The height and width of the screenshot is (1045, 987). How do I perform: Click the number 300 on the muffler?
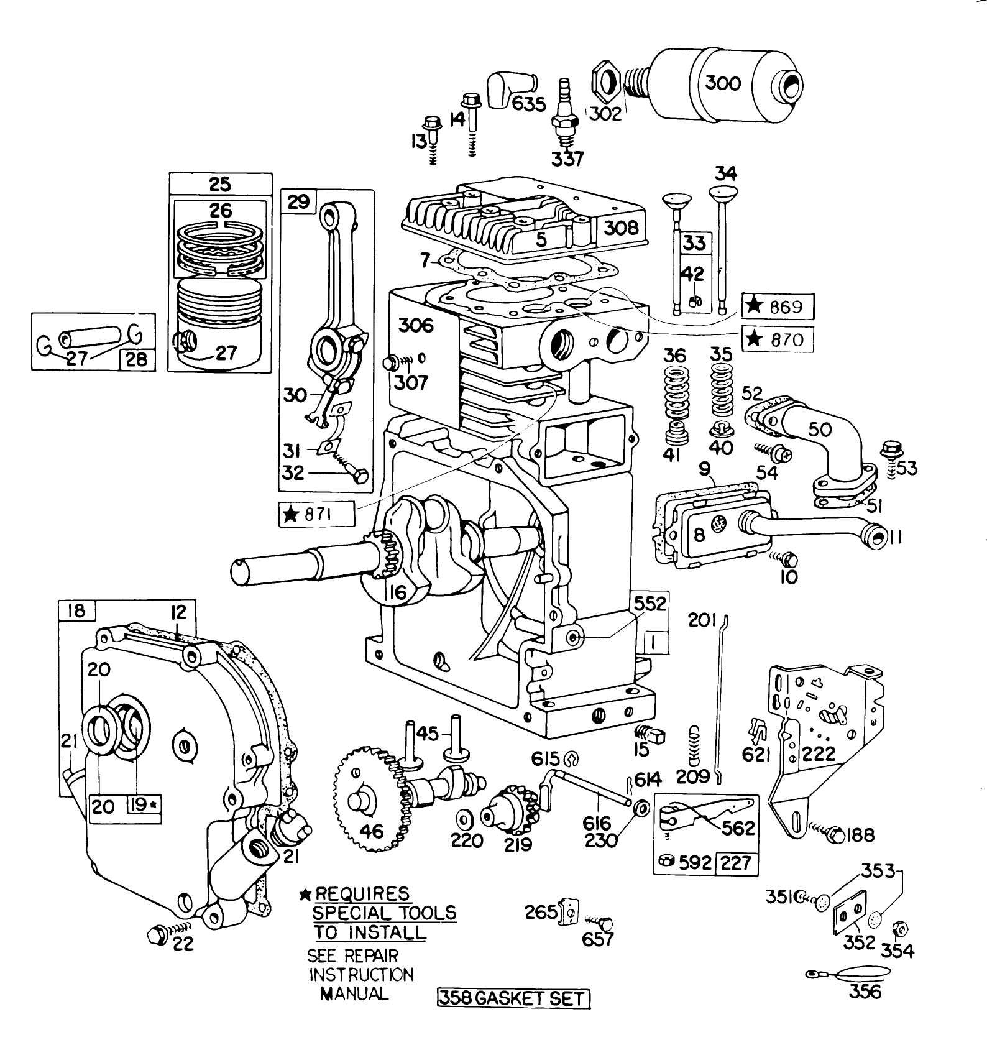(723, 83)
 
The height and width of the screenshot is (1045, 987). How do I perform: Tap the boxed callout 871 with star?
(316, 514)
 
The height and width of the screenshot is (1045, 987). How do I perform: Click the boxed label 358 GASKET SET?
(512, 998)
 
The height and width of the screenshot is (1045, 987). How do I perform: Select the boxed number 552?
(650, 603)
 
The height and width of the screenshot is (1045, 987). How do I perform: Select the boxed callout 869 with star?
(778, 306)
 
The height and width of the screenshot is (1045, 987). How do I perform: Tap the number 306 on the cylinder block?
(416, 325)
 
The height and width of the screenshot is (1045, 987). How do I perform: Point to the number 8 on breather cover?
(699, 534)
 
